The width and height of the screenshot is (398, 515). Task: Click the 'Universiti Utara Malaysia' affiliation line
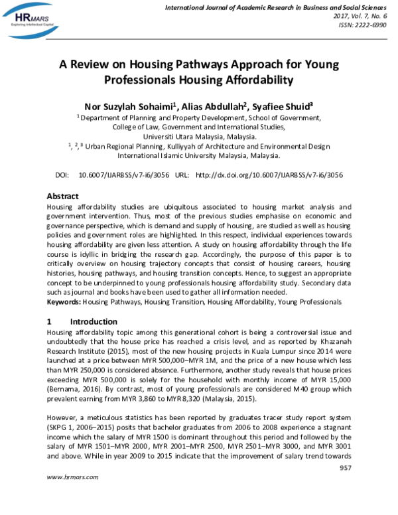(200, 137)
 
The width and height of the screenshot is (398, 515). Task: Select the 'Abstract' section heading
(62, 196)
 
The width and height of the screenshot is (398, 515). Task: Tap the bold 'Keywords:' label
(64, 301)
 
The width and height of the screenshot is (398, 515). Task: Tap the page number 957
(344, 469)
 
